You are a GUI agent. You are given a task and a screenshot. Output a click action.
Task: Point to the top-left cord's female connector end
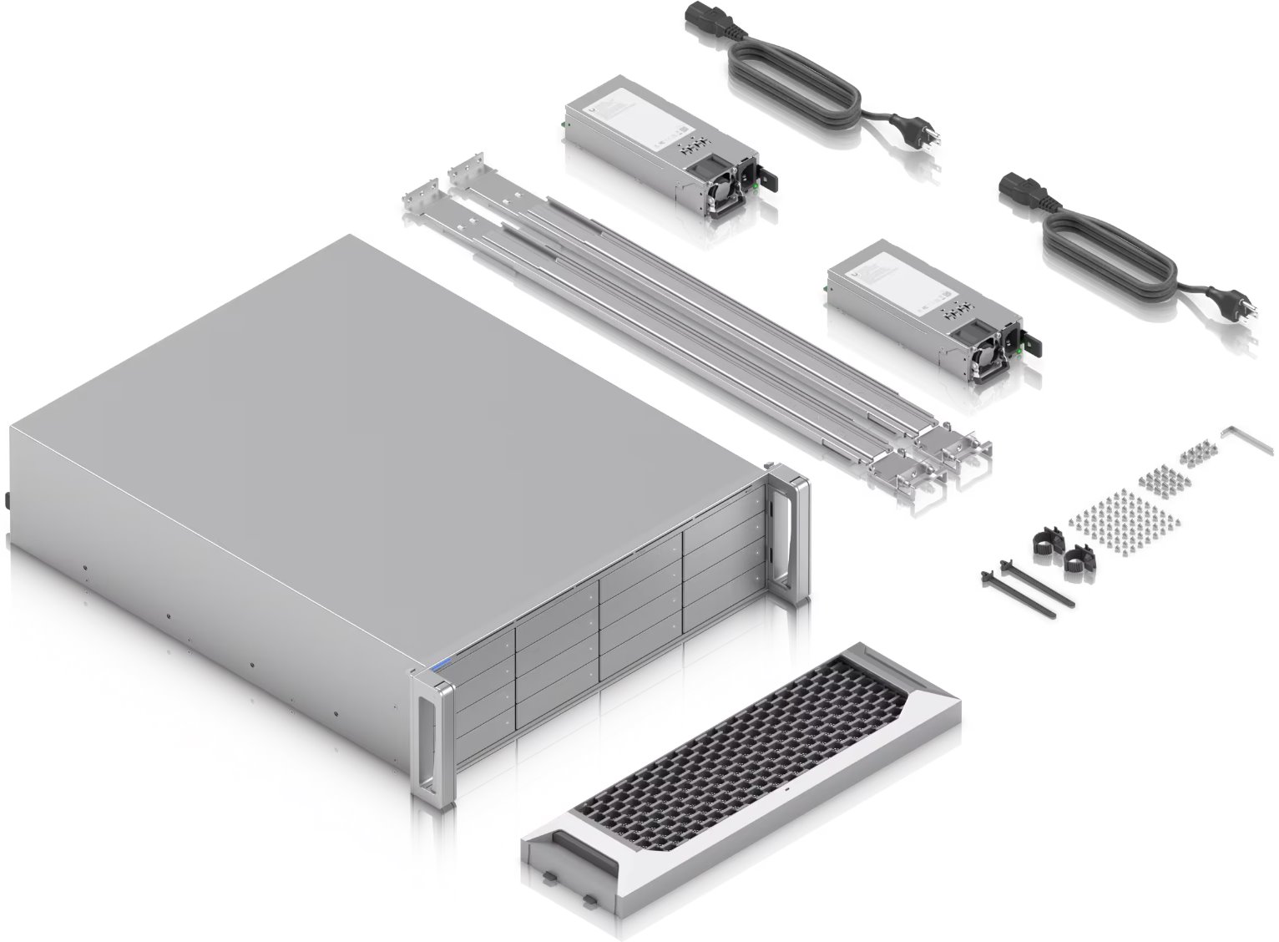point(706,19)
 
